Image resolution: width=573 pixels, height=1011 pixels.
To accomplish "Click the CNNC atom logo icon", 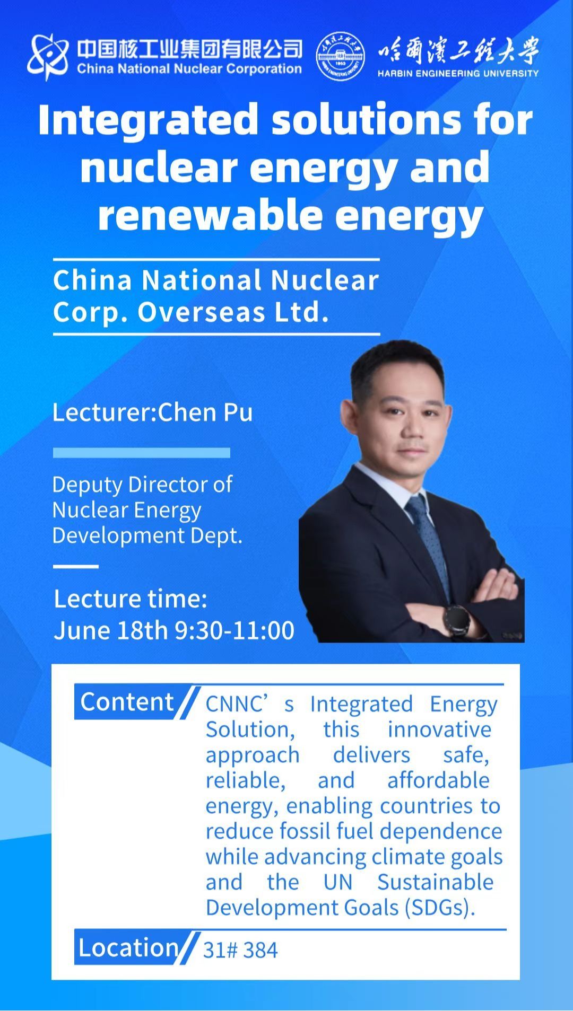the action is pyautogui.click(x=48, y=57).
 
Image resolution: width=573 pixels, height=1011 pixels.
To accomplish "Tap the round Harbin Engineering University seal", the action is pyautogui.click(x=341, y=57).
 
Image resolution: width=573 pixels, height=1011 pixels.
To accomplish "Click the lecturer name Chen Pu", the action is pyautogui.click(x=205, y=412).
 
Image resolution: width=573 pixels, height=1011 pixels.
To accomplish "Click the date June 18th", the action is pyautogui.click(x=111, y=630).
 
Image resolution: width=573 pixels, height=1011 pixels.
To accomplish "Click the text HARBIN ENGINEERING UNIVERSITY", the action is pyautogui.click(x=458, y=74).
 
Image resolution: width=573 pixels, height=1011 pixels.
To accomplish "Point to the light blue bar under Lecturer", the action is pyautogui.click(x=141, y=452).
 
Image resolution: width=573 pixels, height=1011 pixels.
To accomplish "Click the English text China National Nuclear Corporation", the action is pyautogui.click(x=189, y=69).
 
